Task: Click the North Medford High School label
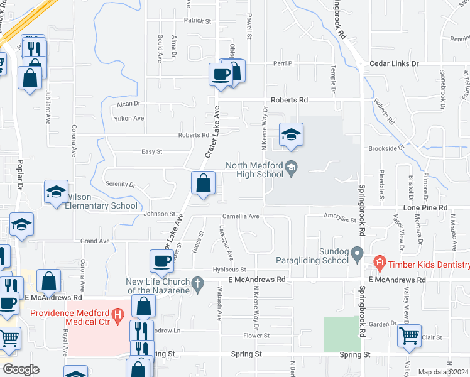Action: [x=254, y=171]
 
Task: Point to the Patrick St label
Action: [x=197, y=21]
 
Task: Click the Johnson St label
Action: [x=159, y=214]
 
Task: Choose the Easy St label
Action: [x=151, y=151]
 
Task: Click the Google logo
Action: [x=21, y=369]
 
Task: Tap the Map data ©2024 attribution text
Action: [x=443, y=372]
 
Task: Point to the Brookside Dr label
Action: [x=385, y=148]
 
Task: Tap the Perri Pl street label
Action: [x=279, y=63]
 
